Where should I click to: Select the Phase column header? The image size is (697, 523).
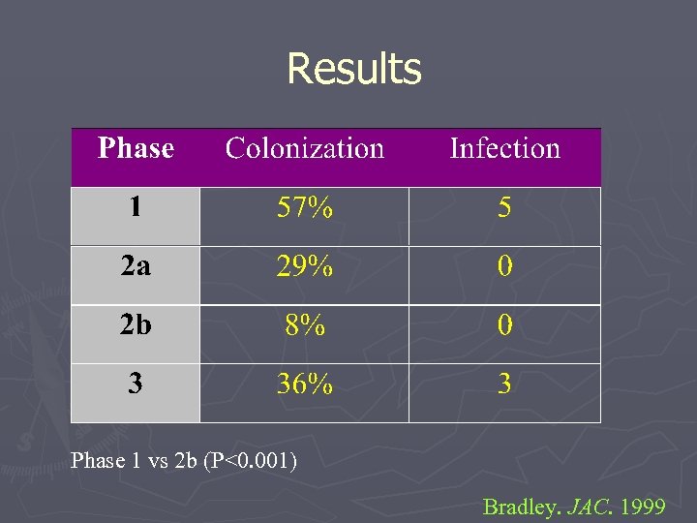coord(136,148)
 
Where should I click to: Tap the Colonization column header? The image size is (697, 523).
coord(305,148)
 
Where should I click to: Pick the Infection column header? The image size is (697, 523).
coord(504,148)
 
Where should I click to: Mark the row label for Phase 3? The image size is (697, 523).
coord(136,385)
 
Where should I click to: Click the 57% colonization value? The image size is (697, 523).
coord(305,208)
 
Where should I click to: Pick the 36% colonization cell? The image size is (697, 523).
coord(305,385)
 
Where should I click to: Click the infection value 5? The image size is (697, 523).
coord(504,208)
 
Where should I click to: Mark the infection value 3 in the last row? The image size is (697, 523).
coord(504,385)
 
